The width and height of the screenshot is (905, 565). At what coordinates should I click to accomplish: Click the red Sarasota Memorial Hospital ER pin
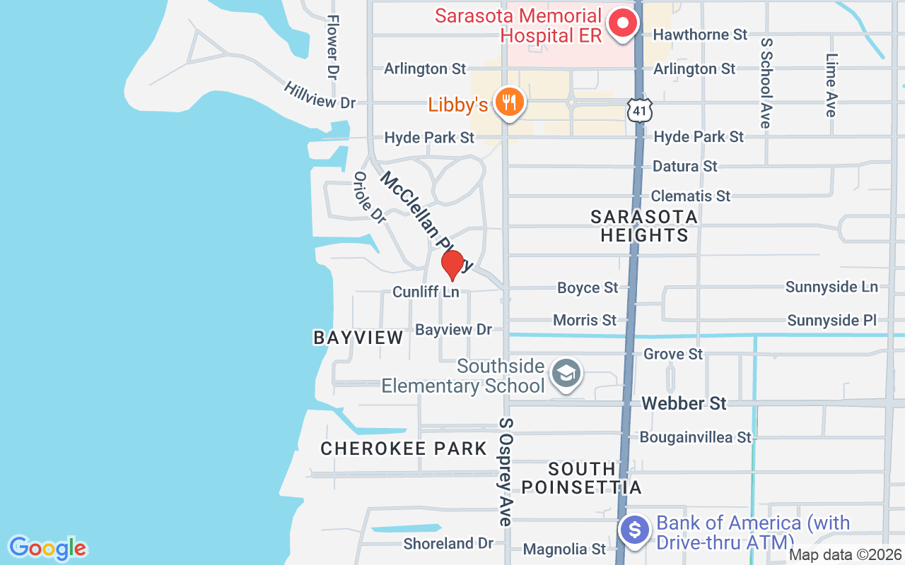coord(623,23)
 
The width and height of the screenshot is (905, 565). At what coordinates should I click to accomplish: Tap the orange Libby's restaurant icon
coord(508,103)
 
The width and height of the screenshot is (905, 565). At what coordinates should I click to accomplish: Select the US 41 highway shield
coord(639,109)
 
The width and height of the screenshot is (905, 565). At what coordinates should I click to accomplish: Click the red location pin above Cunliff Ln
coord(452,265)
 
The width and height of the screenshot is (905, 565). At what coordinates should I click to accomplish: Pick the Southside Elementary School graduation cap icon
coord(566,374)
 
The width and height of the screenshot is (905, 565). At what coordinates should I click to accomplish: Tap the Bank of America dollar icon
coord(635,530)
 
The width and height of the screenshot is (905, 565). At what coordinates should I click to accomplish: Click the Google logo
coord(47,548)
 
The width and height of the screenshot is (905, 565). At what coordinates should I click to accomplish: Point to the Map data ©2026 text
coord(846,554)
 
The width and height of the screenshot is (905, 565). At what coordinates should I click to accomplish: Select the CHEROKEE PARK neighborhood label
coord(404,448)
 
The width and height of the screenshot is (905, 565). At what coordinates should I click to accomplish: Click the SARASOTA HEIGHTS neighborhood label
coord(644,226)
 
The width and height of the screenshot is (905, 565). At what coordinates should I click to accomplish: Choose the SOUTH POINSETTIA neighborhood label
coord(582,478)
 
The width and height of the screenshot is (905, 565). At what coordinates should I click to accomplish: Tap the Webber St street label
coord(684,403)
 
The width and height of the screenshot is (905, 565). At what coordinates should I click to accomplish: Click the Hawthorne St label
coord(700,35)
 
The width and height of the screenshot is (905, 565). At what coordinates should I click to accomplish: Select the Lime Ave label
coord(831,85)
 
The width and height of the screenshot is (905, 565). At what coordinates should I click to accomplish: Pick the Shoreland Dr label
coord(448,543)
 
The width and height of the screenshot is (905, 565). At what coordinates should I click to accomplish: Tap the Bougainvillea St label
coord(696,437)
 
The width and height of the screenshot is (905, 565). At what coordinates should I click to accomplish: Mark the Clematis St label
coord(691,196)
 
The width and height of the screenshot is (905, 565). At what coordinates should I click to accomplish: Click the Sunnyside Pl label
coord(831,321)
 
